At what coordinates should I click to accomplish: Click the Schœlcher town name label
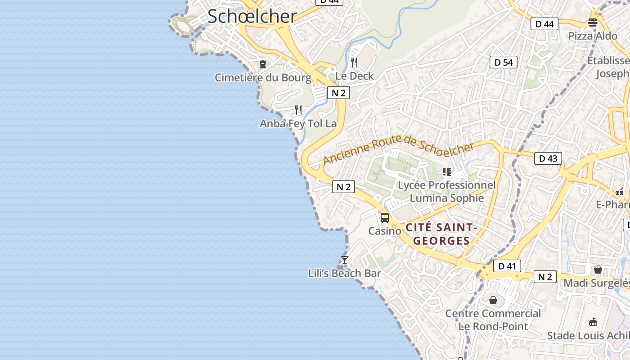pyautogui.click(x=252, y=17)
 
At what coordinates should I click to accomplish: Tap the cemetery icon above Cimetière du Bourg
pyautogui.click(x=263, y=65)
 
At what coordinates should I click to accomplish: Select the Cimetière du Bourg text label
pyautogui.click(x=263, y=78)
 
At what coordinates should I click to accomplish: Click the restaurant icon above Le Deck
pyautogui.click(x=354, y=63)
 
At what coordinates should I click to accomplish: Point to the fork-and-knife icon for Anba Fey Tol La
pyautogui.click(x=298, y=110)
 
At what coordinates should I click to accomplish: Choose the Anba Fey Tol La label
pyautogui.click(x=298, y=123)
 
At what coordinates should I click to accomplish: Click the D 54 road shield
pyautogui.click(x=504, y=63)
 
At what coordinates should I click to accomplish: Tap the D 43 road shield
pyautogui.click(x=548, y=158)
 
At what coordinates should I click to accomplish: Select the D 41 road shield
pyautogui.click(x=507, y=266)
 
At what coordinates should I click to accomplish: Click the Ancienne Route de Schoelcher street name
pyautogui.click(x=399, y=150)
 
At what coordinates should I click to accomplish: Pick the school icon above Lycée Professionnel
pyautogui.click(x=446, y=172)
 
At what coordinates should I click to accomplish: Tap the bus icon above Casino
pyautogui.click(x=385, y=218)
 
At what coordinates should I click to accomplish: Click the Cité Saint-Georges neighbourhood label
pyautogui.click(x=441, y=234)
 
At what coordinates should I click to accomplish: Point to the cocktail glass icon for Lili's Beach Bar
pyautogui.click(x=345, y=260)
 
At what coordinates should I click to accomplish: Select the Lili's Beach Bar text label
pyautogui.click(x=345, y=273)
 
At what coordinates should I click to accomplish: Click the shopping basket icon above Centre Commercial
pyautogui.click(x=493, y=300)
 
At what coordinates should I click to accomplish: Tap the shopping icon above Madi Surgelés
pyautogui.click(x=598, y=270)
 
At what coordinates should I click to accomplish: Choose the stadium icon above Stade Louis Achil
pyautogui.click(x=593, y=322)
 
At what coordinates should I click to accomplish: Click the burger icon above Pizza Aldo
pyautogui.click(x=593, y=22)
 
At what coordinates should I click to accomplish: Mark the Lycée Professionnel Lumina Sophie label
pyautogui.click(x=446, y=192)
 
